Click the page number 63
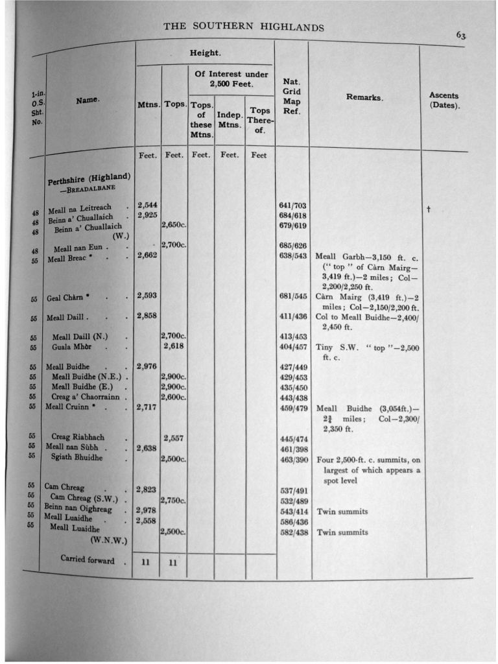460,36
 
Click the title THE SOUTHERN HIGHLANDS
243,27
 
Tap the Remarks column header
364,97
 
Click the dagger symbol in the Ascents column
429,209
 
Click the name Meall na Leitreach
80,208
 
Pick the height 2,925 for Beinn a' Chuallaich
148,215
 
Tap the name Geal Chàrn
67,298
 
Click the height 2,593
148,296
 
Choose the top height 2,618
174,346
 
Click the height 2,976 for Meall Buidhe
148,366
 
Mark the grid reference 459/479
292,408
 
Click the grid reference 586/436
292,521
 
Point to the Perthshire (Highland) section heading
89,179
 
